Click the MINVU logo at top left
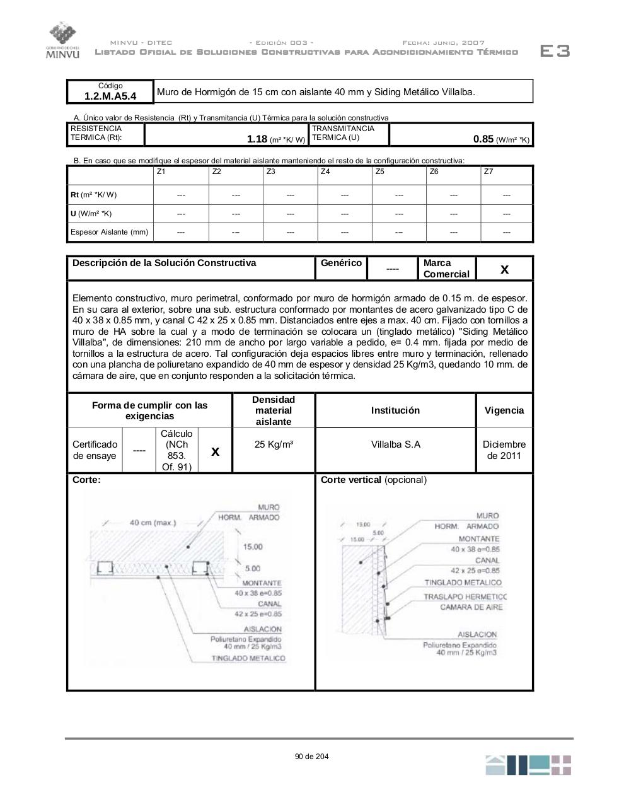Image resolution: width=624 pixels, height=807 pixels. coord(62,41)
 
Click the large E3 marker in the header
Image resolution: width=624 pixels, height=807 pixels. coord(555,51)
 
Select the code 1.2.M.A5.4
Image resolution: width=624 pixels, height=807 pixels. coord(110,96)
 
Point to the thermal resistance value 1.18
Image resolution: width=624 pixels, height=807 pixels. coord(257,139)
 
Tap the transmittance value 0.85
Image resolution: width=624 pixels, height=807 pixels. coord(483,139)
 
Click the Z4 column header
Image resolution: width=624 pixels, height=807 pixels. coord(325,171)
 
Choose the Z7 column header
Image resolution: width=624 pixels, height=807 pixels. coord(488,171)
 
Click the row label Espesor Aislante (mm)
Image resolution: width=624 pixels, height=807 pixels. coord(109,232)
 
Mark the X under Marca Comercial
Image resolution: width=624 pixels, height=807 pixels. coord(504,269)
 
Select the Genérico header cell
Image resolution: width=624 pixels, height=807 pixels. coord(341,263)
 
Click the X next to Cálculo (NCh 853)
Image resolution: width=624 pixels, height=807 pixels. coord(216,451)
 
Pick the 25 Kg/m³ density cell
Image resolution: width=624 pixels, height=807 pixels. coord(274,444)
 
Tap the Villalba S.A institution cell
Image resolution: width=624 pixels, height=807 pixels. coord(395,444)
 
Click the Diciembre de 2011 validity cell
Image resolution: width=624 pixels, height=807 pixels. coord(504,450)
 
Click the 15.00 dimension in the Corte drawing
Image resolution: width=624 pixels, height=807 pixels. coord(253,547)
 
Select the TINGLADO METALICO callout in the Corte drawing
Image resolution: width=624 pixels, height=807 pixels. coord(248,658)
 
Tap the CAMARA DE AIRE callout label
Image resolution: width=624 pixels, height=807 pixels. coord(471,607)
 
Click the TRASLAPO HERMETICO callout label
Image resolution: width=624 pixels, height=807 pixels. coord(465,596)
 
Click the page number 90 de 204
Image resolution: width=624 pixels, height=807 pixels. coord(311,757)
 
